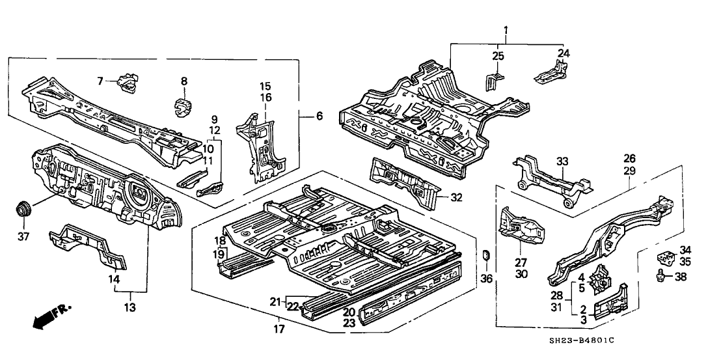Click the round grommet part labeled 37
click(x=25, y=210)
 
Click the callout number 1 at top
click(x=505, y=30)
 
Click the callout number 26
click(x=629, y=158)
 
